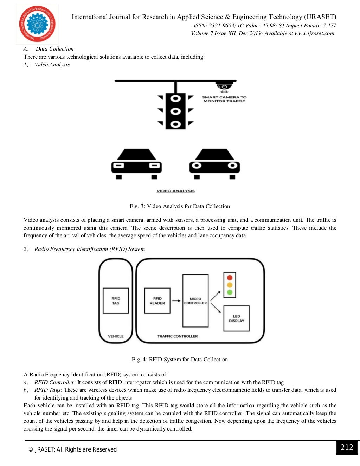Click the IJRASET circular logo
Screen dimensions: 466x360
tap(37, 24)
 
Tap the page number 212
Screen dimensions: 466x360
tap(347, 447)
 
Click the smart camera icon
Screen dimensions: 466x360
tap(224, 86)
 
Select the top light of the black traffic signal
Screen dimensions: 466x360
tap(175, 98)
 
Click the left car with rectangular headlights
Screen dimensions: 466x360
tap(136, 163)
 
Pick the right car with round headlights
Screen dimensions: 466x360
tap(214, 163)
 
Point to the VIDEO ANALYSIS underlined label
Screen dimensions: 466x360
tap(175, 191)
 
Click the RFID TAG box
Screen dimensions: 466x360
tap(116, 301)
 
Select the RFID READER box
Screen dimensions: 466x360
tap(157, 301)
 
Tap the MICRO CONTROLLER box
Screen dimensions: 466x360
tap(195, 301)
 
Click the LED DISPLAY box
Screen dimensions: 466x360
tap(236, 318)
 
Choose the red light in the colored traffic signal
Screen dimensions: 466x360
tap(230, 278)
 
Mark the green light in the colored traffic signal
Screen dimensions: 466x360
tap(230, 292)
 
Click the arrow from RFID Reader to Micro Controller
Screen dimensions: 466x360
tap(176, 301)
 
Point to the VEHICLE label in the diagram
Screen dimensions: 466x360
tap(116, 336)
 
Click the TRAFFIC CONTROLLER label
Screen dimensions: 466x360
tap(178, 336)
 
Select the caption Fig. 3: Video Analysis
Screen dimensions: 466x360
tap(180, 206)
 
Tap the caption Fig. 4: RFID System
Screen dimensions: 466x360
tap(180, 360)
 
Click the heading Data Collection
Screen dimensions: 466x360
tap(54, 49)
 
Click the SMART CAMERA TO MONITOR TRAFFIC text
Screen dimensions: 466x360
tap(224, 99)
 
